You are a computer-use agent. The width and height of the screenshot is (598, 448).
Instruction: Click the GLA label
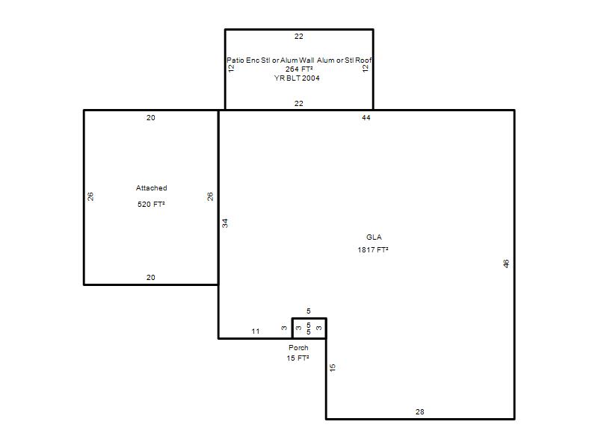coord(374,237)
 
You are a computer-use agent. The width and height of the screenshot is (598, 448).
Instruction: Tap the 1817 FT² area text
coord(373,250)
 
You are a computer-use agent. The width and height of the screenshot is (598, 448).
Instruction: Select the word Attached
coord(152,188)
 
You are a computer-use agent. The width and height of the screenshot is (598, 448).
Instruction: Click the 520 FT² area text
coord(151,204)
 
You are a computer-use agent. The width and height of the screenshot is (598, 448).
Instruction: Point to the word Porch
coord(298,347)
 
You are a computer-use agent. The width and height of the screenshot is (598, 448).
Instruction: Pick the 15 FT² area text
coord(298,358)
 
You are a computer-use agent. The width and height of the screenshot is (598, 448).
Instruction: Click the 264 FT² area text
coord(299,69)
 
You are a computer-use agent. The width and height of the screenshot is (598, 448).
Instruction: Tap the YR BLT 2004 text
coord(297,78)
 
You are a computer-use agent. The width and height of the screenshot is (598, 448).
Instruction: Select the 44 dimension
coord(366,118)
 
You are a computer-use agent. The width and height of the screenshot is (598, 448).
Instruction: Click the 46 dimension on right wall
coord(506,264)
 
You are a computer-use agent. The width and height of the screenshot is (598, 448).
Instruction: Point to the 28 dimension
coord(420,412)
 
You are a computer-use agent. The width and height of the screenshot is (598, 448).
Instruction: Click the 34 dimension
coord(225,223)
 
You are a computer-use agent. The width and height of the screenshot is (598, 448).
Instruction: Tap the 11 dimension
coord(256,332)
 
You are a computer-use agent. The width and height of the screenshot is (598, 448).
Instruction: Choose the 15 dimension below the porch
coord(333,367)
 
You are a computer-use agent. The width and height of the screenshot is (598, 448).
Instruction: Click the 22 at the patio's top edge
coord(298,37)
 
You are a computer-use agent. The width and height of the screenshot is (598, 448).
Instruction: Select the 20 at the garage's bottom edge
coord(151,278)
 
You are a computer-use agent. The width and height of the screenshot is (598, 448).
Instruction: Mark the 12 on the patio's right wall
coord(366,68)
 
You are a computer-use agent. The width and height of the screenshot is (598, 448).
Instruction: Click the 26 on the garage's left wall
coord(90,196)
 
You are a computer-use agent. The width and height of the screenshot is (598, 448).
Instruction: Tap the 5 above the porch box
coord(309,311)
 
